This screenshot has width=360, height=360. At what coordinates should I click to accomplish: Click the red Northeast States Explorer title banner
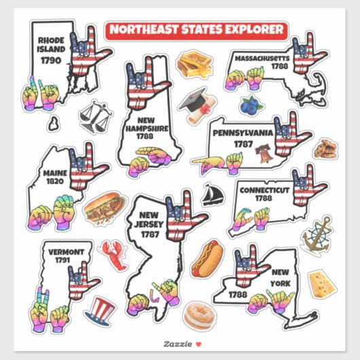point(196,29)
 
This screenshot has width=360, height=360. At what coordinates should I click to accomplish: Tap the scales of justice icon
point(96,118)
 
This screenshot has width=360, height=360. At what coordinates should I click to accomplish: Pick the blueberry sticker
point(248,105)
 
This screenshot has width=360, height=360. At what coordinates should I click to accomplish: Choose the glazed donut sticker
point(201,314)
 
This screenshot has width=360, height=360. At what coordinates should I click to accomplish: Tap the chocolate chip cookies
point(324,148)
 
